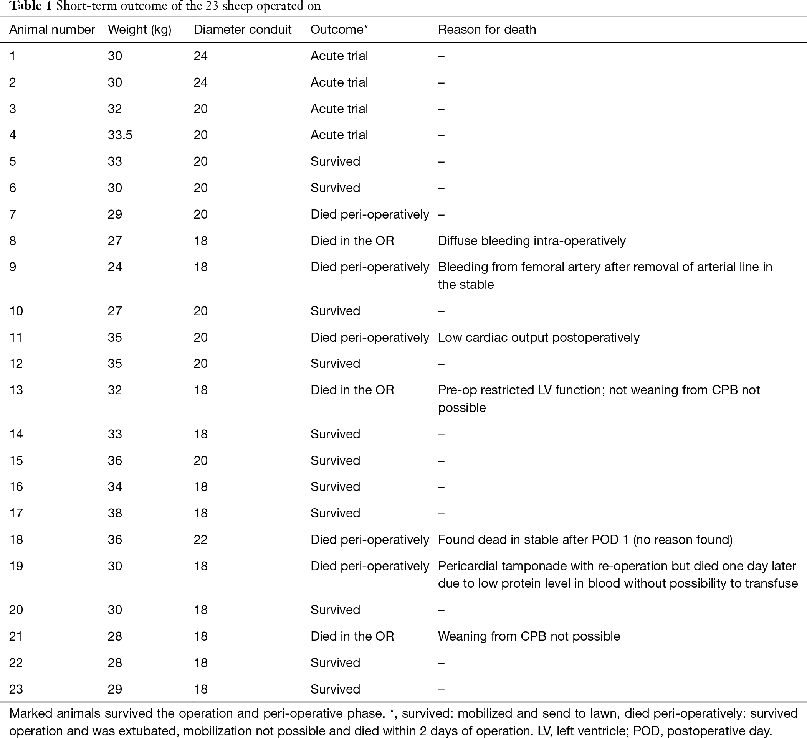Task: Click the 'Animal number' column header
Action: tap(52, 30)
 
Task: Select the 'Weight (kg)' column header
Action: tap(140, 30)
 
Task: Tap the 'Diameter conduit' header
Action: tap(243, 30)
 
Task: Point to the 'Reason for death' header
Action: tap(487, 30)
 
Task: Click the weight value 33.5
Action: tap(120, 135)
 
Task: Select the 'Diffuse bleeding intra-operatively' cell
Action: tap(532, 241)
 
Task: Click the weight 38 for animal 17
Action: tap(115, 513)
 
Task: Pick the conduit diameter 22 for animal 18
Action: tap(200, 540)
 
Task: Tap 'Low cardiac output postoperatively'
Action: tap(538, 338)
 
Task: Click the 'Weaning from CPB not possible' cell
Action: tap(529, 636)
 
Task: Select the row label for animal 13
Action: tap(16, 390)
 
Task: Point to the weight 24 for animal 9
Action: tap(115, 267)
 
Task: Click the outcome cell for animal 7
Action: tap(369, 214)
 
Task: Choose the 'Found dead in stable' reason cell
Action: tap(585, 540)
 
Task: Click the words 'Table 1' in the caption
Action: tap(30, 6)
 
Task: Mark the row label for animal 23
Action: tap(16, 689)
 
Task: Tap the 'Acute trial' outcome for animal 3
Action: tap(339, 109)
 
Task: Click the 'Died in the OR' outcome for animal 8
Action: tap(352, 241)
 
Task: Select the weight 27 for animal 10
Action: tap(115, 311)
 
